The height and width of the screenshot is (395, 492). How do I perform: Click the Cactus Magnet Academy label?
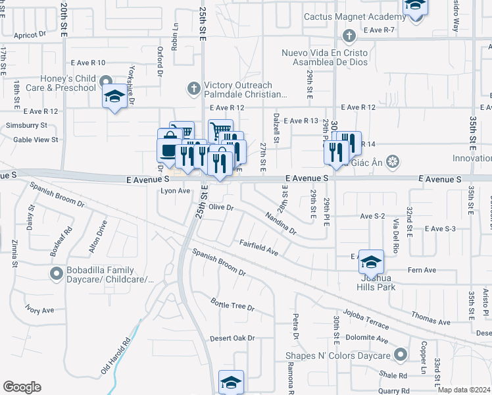pyautogui.click(x=355, y=16)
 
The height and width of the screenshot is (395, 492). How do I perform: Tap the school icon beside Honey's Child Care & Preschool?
pyautogui.click(x=115, y=97)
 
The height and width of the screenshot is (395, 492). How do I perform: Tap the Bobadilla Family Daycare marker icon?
pyautogui.click(x=58, y=273)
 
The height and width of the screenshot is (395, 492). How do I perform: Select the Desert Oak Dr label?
pyautogui.click(x=232, y=338)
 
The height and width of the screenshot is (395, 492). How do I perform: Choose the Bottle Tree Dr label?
pyautogui.click(x=232, y=305)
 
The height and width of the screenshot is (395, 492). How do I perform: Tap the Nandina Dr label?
pyautogui.click(x=281, y=223)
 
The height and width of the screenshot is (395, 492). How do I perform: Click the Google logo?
pyautogui.click(x=22, y=386)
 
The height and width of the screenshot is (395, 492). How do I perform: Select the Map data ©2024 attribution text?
pyautogui.click(x=464, y=390)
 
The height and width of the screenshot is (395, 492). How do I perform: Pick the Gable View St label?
pyautogui.click(x=36, y=140)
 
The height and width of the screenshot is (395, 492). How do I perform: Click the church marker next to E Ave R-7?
pyautogui.click(x=349, y=34)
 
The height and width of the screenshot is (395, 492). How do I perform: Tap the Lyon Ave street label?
pyautogui.click(x=175, y=191)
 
